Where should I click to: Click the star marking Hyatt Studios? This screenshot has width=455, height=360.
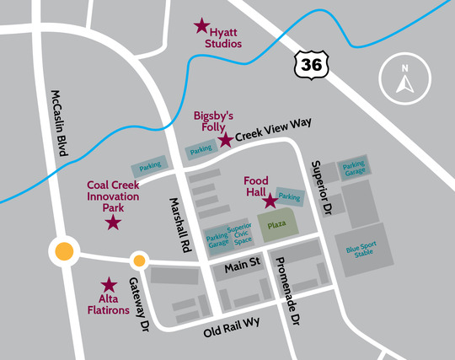(x=202, y=26)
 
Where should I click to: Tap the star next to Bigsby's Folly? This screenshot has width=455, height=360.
(x=226, y=139)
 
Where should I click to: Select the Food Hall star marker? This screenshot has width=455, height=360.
(x=270, y=201)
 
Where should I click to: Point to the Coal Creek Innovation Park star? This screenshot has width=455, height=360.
(x=113, y=223)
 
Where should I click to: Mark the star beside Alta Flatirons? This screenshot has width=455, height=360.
(x=109, y=286)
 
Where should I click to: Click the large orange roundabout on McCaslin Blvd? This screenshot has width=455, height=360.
(x=63, y=251)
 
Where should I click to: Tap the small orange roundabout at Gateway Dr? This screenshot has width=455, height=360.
(x=139, y=261)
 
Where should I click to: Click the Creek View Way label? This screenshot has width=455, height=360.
(x=273, y=129)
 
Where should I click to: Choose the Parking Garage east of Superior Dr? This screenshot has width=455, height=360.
(x=354, y=168)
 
